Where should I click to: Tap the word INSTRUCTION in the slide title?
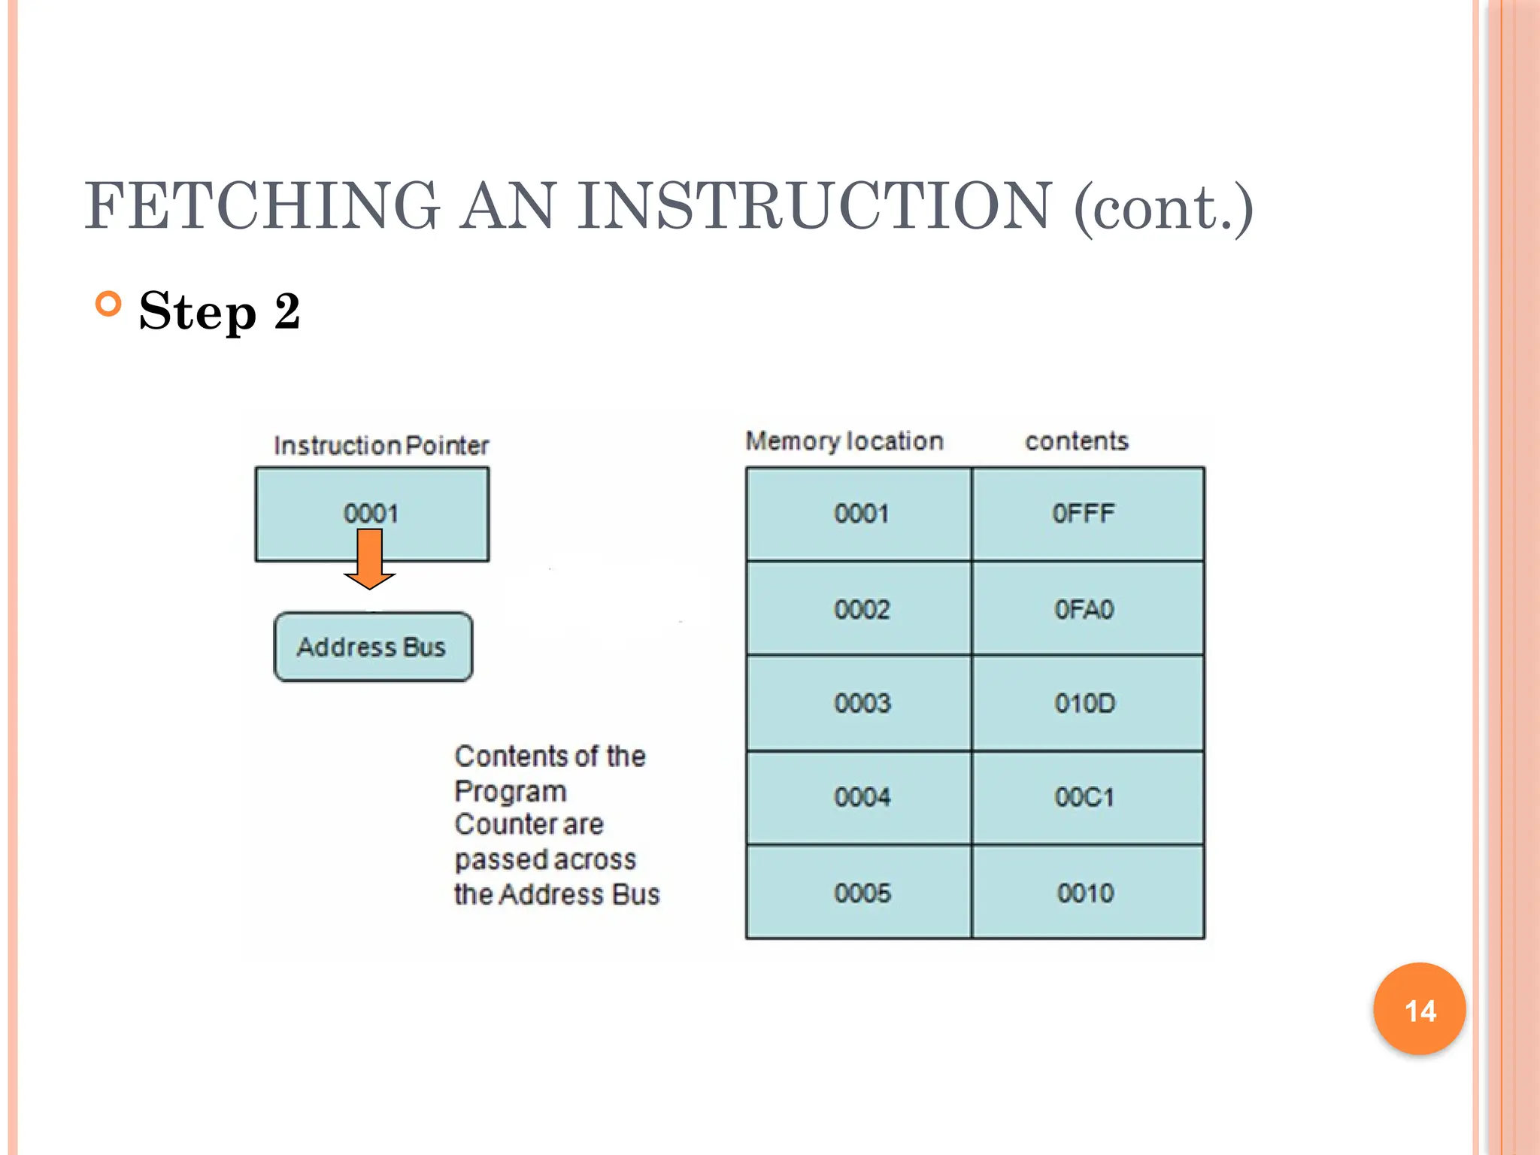click(815, 206)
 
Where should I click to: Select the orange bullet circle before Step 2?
click(109, 305)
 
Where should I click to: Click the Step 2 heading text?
click(220, 311)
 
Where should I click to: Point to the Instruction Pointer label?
click(381, 446)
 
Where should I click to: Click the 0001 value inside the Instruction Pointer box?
click(371, 514)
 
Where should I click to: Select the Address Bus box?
click(373, 647)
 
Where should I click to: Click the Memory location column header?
click(844, 441)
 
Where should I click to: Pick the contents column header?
click(1077, 441)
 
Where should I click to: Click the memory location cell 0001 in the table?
click(861, 514)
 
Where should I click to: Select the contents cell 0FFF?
click(1084, 514)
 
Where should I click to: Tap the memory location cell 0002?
click(862, 609)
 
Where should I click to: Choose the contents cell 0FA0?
click(1084, 609)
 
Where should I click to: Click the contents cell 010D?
click(1084, 704)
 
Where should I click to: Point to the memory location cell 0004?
click(862, 797)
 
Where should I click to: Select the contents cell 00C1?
click(1084, 797)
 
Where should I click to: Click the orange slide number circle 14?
click(1420, 1009)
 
